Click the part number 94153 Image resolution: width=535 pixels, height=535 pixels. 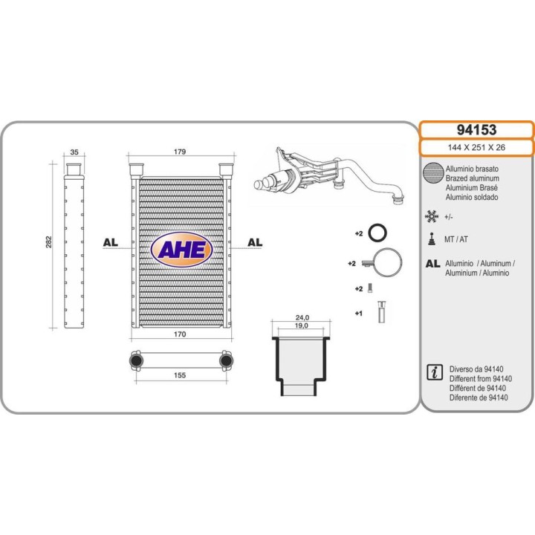[x=476, y=130]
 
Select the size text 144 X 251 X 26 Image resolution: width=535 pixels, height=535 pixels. [x=476, y=148]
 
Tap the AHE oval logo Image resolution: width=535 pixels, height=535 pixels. [x=181, y=250]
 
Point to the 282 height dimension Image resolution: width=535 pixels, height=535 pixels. [x=49, y=242]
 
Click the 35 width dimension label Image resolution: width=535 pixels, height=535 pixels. [x=74, y=152]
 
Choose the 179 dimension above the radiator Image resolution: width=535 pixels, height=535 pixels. [x=180, y=152]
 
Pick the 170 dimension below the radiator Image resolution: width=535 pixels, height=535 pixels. [x=180, y=334]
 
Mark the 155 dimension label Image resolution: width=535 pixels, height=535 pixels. [x=180, y=375]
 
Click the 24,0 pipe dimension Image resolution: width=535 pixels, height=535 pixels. [x=302, y=318]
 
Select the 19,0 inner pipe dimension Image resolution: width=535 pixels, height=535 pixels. [x=301, y=325]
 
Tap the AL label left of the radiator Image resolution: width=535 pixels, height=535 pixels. [x=111, y=242]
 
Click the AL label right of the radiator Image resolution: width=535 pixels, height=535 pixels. [x=255, y=242]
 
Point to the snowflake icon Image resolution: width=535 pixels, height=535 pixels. [x=432, y=217]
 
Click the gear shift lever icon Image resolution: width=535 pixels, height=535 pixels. [x=432, y=239]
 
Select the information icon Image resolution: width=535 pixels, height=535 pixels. [x=435, y=372]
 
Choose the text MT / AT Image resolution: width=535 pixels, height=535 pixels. [x=455, y=239]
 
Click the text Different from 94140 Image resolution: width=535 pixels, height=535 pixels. [x=481, y=379]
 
